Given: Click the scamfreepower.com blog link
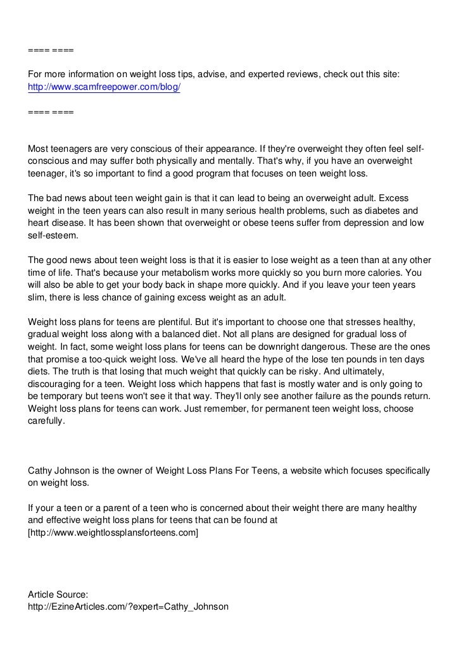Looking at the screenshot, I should pos(104,87).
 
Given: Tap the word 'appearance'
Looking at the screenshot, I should pos(225,149).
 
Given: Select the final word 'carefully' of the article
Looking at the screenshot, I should pos(46,422).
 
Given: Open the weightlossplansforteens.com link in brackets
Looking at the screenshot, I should pos(113,533).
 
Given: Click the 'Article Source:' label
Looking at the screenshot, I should pos(59,595).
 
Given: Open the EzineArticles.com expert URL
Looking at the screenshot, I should pos(128,608).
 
